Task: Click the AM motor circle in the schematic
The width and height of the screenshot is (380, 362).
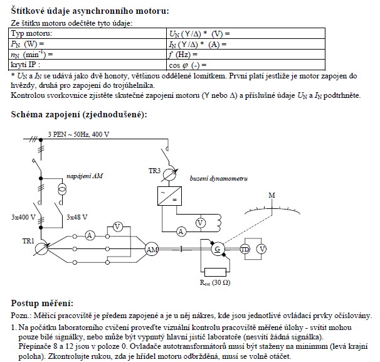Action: pos(152,250)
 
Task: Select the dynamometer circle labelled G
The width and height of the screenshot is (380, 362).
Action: pos(218,249)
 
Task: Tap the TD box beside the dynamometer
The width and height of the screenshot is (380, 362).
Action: pos(245,249)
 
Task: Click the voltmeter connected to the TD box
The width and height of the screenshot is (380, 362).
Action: pos(262,249)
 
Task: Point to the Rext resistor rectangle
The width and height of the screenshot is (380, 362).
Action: pos(216,272)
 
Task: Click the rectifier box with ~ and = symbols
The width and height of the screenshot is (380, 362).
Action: pos(168,196)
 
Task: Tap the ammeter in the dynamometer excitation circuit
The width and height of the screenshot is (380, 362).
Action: pos(181,232)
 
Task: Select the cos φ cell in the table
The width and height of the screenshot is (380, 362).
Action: pos(189,65)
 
